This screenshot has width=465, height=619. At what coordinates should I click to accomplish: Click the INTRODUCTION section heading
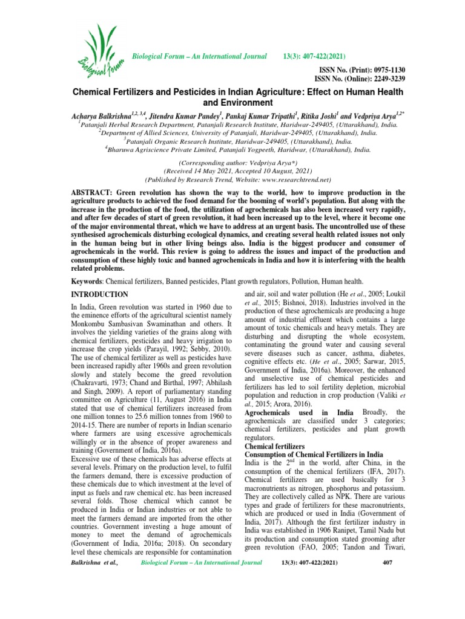click(x=100, y=294)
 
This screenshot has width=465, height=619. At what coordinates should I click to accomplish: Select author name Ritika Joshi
click(x=326, y=114)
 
